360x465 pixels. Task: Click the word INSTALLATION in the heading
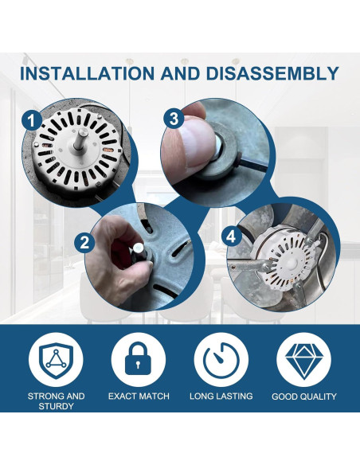(87, 73)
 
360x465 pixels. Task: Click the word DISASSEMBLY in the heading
(272, 73)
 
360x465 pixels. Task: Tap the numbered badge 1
(32, 121)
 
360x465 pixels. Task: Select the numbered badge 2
(84, 243)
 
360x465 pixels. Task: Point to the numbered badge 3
(174, 119)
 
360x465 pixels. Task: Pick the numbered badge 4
(231, 237)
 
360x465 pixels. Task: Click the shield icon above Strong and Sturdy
(56, 360)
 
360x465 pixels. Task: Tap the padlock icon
(139, 358)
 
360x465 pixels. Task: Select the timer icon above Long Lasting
(221, 359)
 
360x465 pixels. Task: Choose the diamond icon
(303, 361)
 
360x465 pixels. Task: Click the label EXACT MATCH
(139, 397)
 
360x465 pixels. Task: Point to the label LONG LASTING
(221, 397)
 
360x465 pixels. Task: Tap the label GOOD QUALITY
(304, 397)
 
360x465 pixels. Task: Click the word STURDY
(56, 406)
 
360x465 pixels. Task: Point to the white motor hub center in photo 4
(291, 263)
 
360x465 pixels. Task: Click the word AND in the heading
(181, 73)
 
